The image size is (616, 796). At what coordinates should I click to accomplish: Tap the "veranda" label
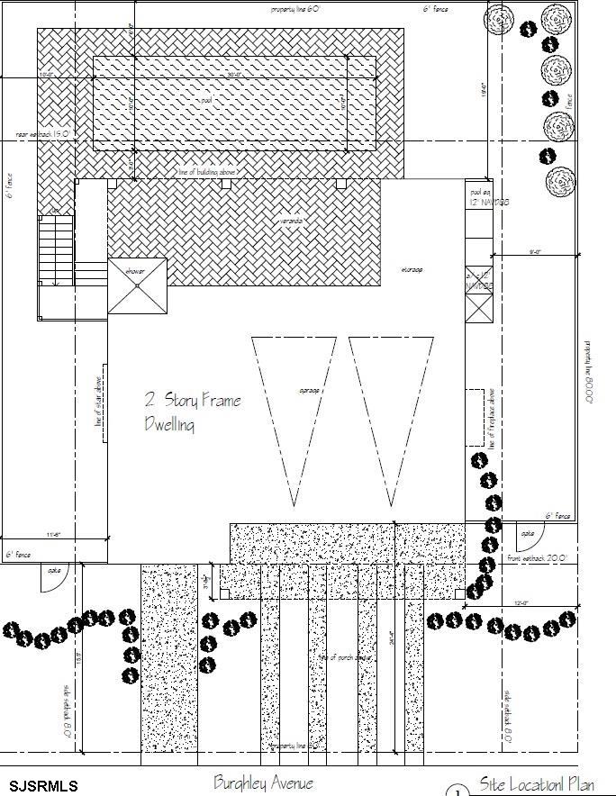[290, 221]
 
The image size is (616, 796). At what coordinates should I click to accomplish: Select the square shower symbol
[137, 285]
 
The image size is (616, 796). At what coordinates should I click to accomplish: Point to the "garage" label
[310, 390]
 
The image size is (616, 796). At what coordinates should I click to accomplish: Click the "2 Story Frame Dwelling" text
[192, 412]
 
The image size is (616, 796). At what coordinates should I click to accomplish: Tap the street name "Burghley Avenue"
[263, 782]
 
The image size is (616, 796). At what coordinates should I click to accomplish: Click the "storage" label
[412, 269]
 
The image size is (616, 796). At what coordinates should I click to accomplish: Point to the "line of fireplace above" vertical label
[492, 417]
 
